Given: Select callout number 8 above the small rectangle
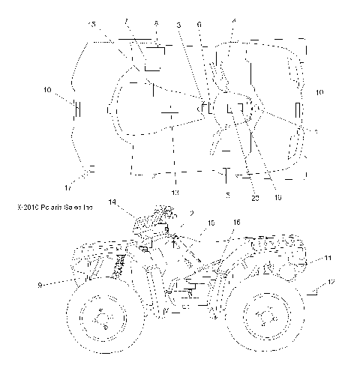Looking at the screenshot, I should pos(156,24).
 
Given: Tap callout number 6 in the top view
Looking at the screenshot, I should pos(199,25).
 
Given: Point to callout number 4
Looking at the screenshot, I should pos(234,22).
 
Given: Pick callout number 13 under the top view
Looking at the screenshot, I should pos(175,194).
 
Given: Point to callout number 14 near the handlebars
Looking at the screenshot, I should pos(112,202).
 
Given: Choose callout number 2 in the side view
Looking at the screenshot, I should pos(193,214).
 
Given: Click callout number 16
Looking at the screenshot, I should pos(237,223).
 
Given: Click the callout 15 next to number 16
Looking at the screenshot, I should pos(211,223).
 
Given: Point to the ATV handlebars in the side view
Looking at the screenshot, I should pos(157,212).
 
